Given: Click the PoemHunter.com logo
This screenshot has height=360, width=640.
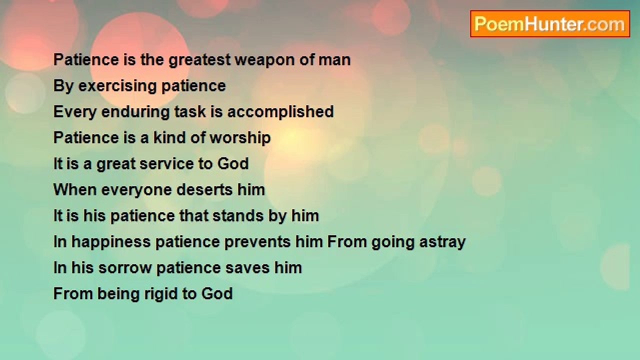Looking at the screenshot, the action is [x=550, y=24].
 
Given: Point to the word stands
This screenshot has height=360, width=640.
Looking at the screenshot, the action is [x=238, y=216].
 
